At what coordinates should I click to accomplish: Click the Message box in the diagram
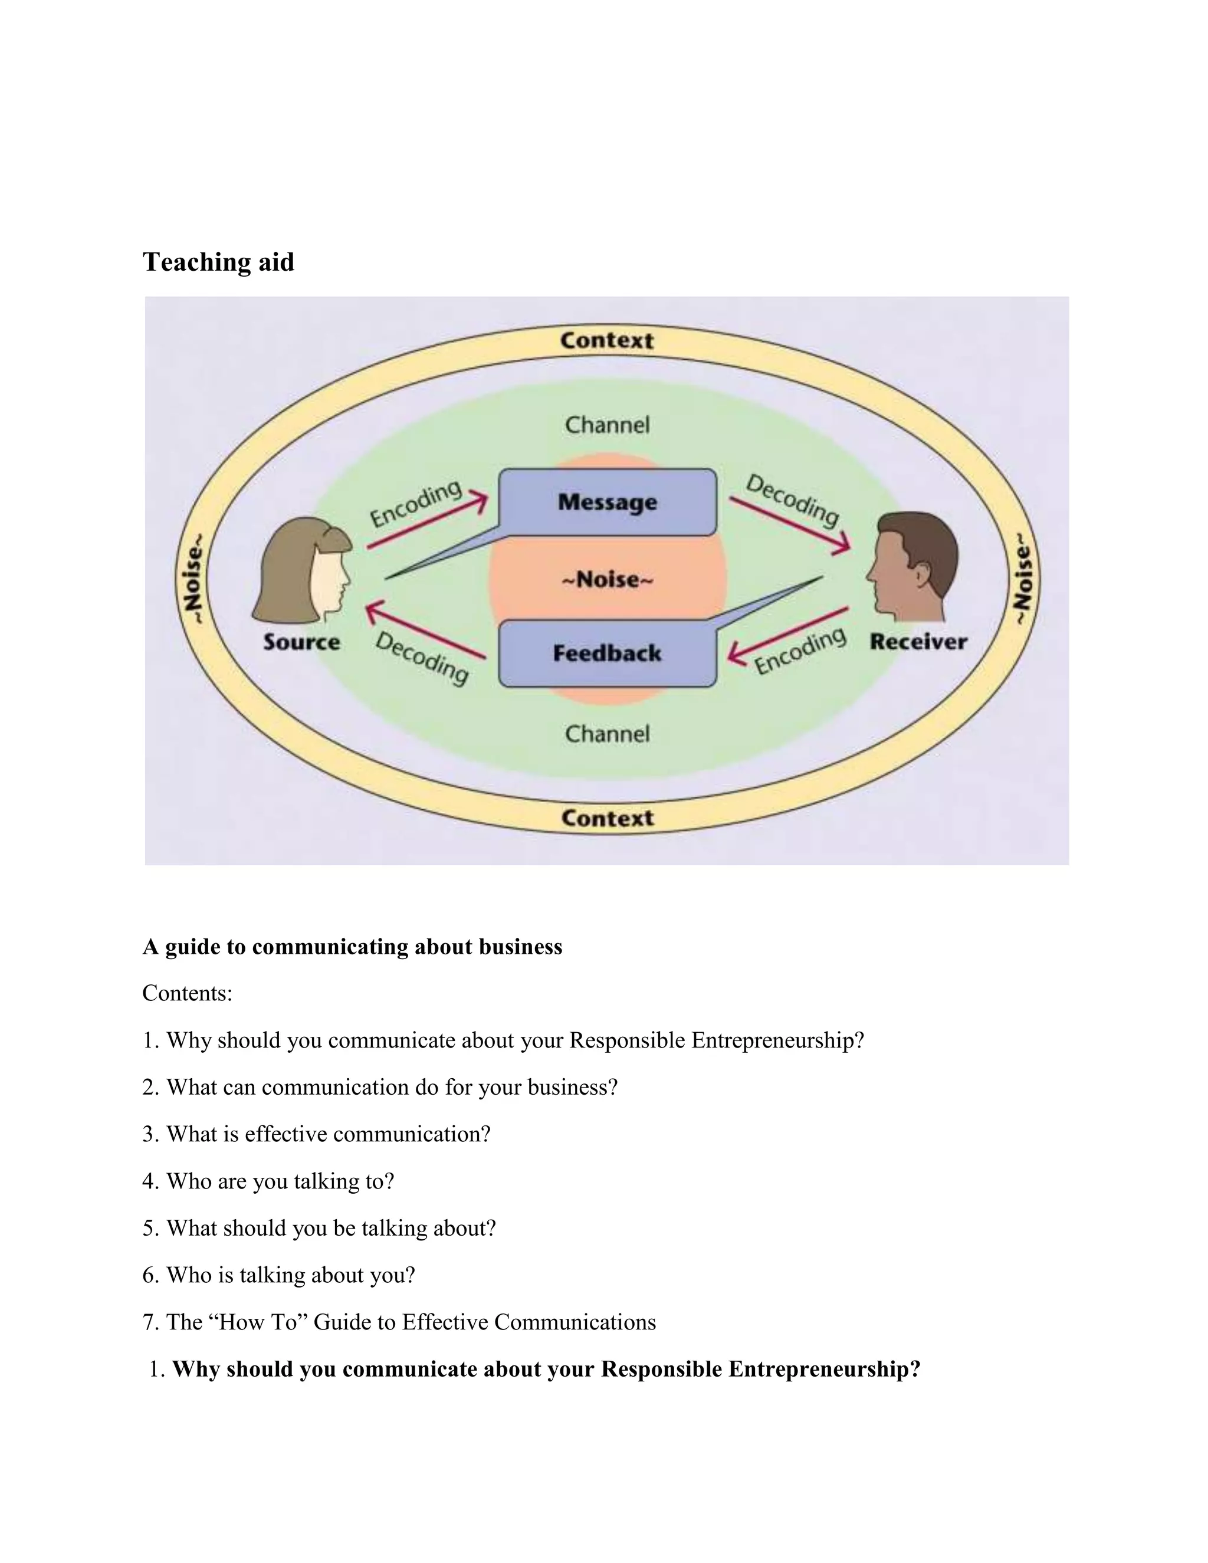607,502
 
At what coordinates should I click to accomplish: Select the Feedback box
607,653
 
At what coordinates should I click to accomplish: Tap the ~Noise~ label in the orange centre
607,579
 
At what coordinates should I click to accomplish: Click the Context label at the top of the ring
607,341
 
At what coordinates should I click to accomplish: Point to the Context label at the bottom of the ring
607,818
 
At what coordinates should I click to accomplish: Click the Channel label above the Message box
607,425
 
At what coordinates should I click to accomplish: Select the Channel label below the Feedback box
607,734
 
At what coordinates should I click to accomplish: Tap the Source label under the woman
301,642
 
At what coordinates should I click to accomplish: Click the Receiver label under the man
918,642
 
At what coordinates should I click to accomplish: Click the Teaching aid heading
218,262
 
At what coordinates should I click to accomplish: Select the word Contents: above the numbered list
188,993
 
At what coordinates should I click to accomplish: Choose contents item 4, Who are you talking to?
268,1181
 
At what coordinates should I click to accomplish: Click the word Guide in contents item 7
343,1322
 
